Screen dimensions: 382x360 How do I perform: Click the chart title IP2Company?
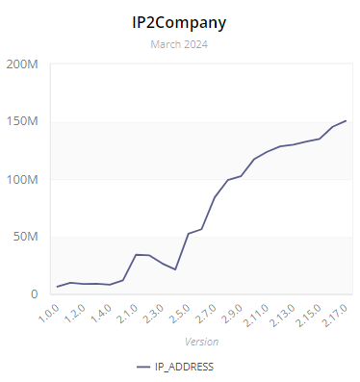coord(180,20)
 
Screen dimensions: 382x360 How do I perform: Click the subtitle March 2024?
coord(180,43)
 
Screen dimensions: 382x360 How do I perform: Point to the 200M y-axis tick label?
coord(21,64)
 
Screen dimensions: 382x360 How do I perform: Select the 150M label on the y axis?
coord(21,122)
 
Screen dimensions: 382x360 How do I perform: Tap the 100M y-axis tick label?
coord(21,180)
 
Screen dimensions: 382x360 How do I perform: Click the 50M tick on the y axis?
coord(24,237)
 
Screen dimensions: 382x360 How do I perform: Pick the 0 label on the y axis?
coord(34,294)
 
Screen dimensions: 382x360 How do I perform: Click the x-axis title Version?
coord(201,342)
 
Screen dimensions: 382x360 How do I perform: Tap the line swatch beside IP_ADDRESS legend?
coord(144,367)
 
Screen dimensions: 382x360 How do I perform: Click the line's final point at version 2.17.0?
coord(347,121)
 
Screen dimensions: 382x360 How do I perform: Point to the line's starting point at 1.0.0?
coord(58,287)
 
